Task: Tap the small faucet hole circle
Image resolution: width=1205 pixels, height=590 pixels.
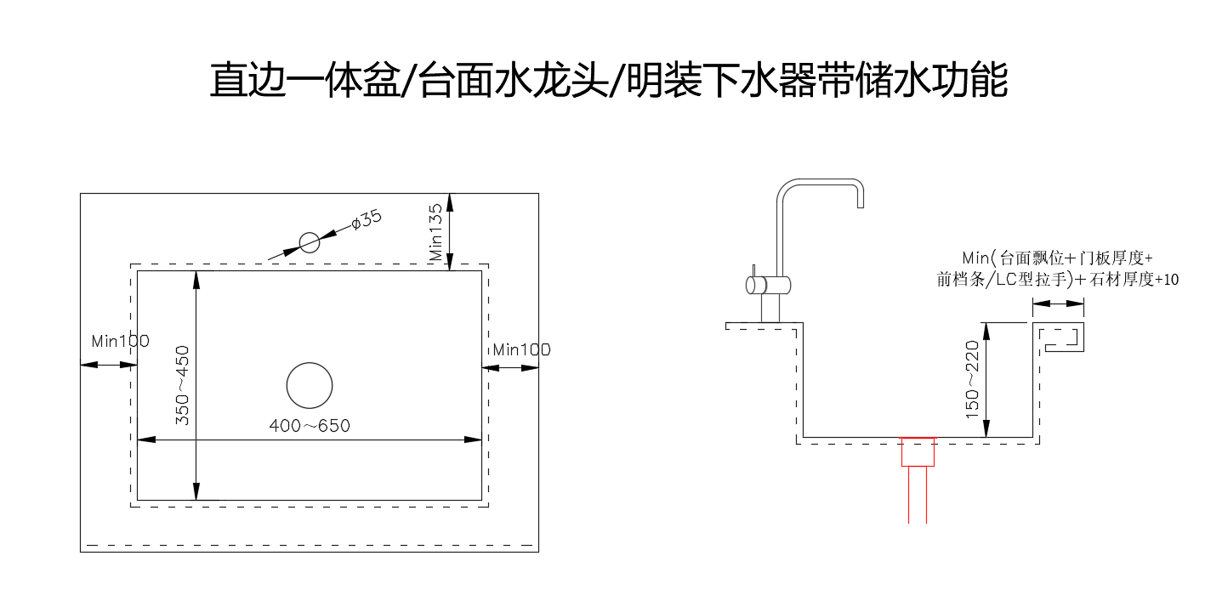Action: click(x=310, y=242)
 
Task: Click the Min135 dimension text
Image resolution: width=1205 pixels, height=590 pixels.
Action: click(x=436, y=231)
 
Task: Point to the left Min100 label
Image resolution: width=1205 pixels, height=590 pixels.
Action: click(x=120, y=341)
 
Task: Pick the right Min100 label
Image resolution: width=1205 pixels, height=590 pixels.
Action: click(x=521, y=349)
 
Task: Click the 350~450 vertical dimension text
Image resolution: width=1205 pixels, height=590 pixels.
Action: click(x=182, y=384)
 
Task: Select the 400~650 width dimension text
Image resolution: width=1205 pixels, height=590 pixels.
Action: click(x=310, y=425)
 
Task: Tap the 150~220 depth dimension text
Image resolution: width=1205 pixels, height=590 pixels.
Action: click(x=972, y=378)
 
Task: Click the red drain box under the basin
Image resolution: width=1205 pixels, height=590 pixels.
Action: click(x=918, y=451)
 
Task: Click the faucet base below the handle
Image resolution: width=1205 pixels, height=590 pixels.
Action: click(x=770, y=308)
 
